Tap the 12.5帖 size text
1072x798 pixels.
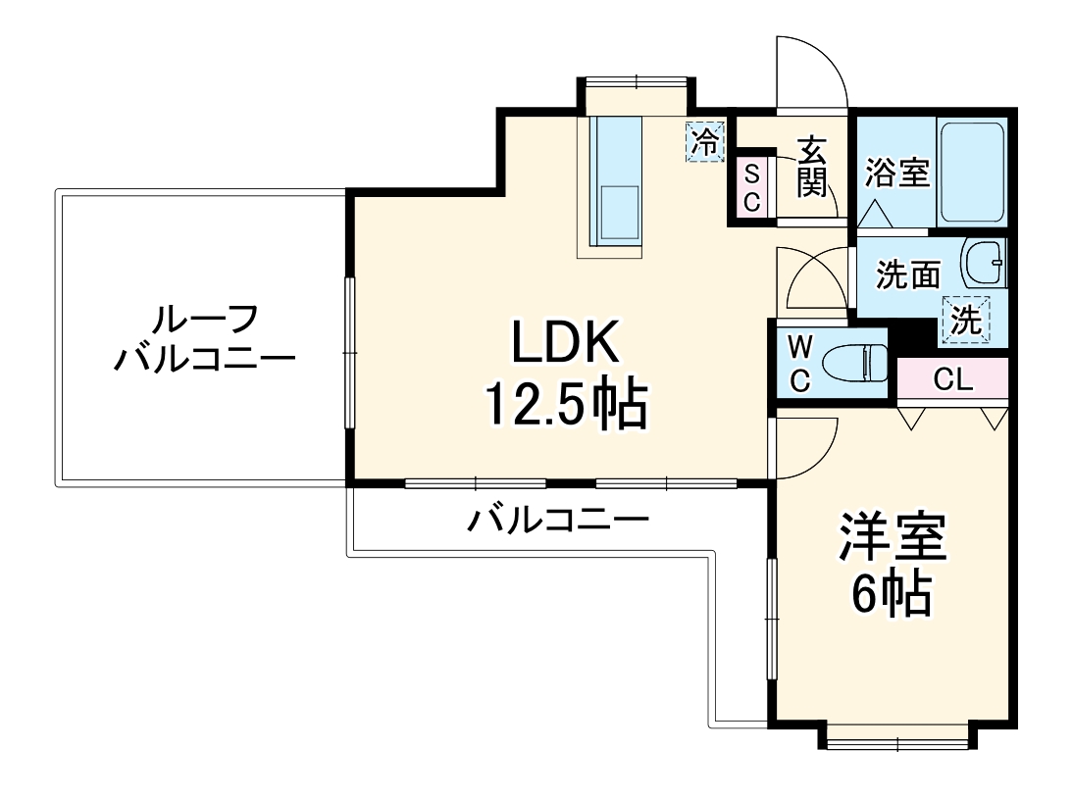pos(566,403)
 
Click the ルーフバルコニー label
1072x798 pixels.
pos(204,339)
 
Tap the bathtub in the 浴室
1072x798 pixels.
pos(971,173)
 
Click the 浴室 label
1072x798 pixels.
pos(896,174)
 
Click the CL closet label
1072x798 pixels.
pos(952,380)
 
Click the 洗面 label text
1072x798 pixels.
pos(907,275)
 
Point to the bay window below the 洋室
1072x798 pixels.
pos(897,736)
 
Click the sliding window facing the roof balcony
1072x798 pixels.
pos(348,352)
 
